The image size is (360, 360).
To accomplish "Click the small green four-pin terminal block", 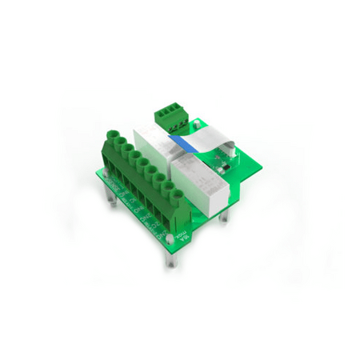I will point(170,117).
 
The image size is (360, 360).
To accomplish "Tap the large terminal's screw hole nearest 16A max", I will point(169,190).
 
